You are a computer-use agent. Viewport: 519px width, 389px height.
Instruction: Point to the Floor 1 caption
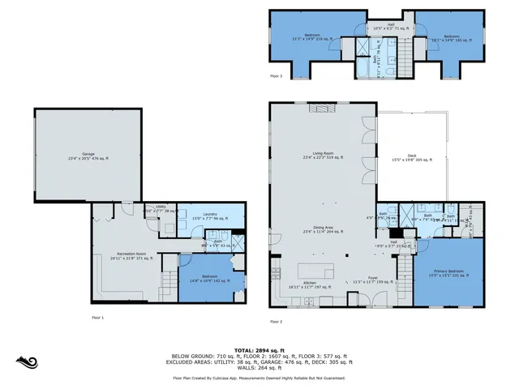[97, 317]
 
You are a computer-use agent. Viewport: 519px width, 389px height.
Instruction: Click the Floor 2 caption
[277, 322]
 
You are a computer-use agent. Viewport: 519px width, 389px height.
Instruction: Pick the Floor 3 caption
[277, 76]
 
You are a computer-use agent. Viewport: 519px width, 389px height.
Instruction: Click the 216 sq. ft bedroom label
[312, 36]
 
